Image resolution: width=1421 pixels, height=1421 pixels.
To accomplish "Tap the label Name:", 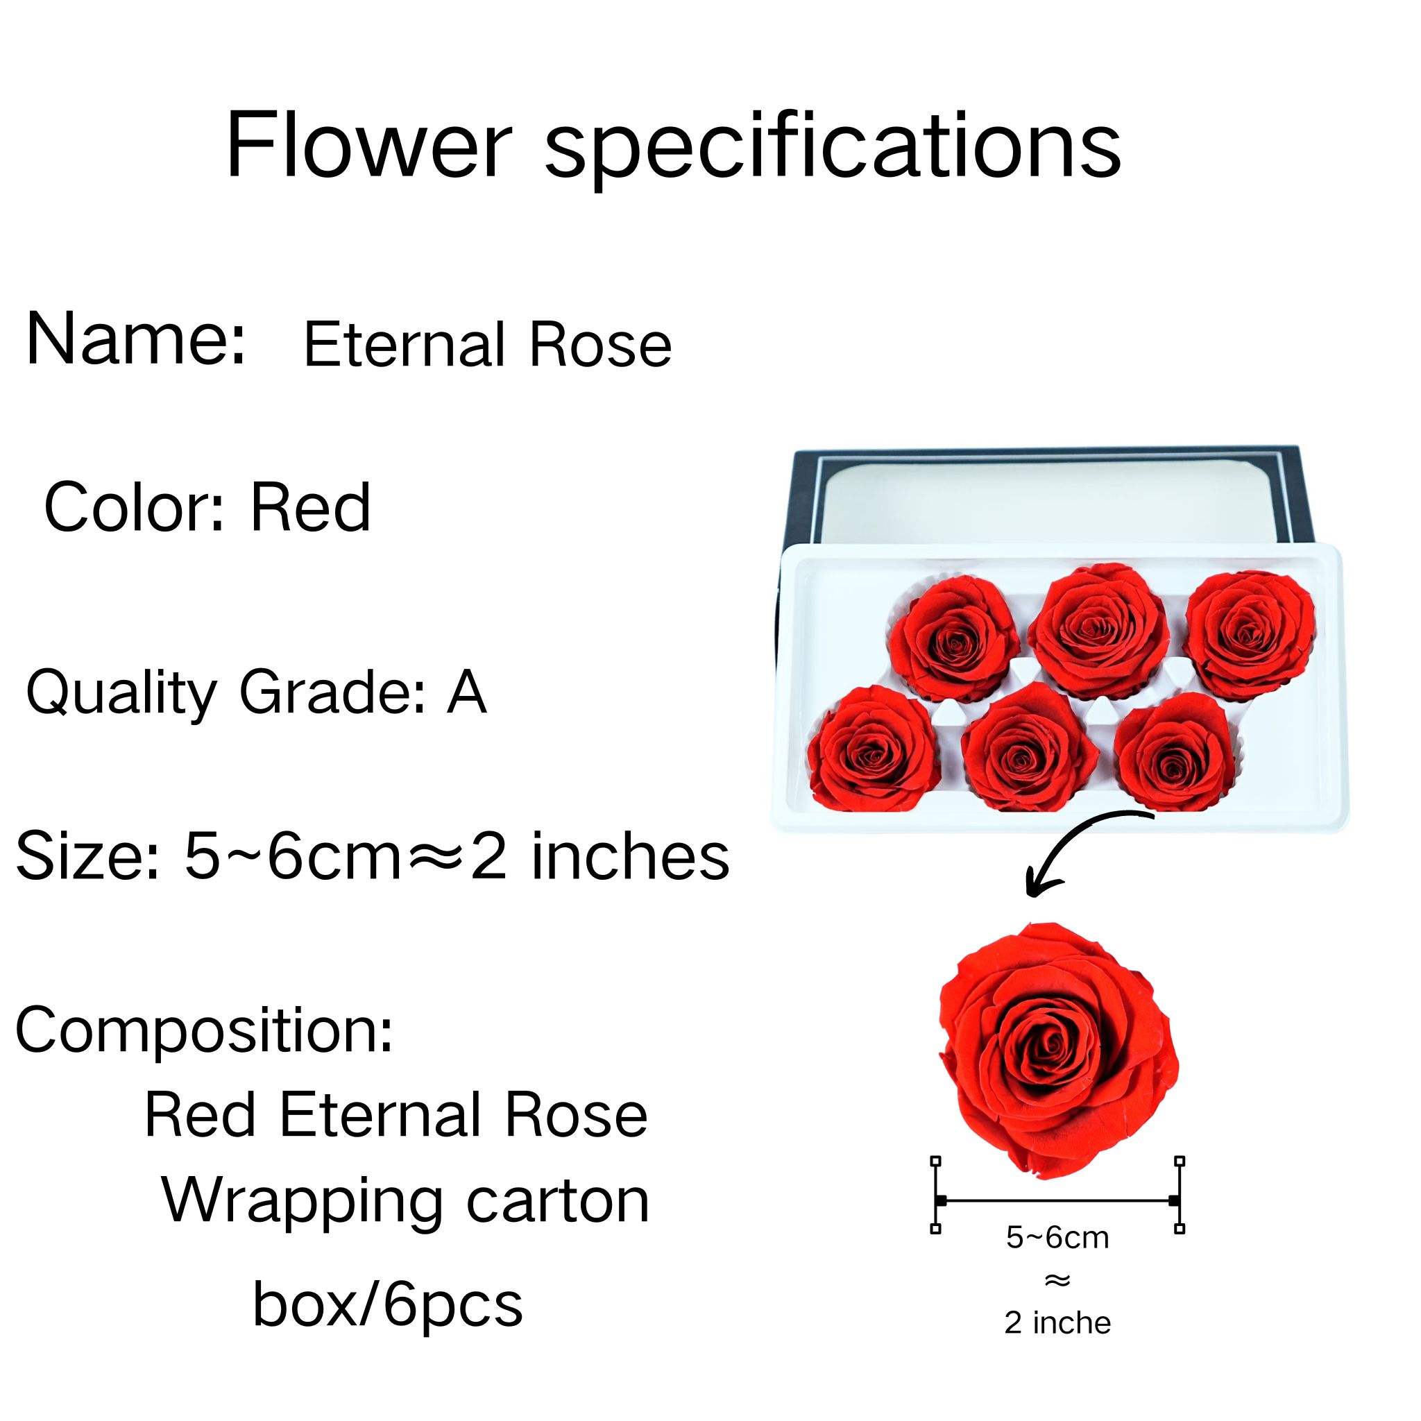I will (x=135, y=339).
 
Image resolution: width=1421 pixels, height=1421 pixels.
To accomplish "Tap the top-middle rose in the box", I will (x=1097, y=624).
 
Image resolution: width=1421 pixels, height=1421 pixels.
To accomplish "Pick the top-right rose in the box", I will (x=1249, y=634).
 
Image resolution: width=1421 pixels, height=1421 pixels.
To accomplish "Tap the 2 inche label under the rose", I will (x=1057, y=1322).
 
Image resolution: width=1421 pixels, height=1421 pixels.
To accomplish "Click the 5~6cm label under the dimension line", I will (x=1057, y=1238).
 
